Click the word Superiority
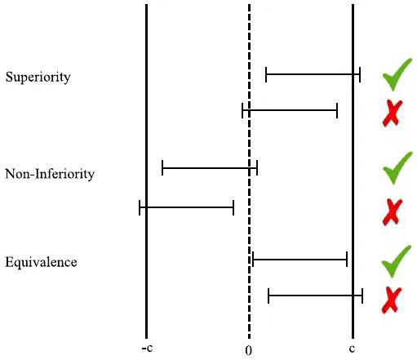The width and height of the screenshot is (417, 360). click(38, 78)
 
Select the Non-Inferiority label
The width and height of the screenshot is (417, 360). click(50, 174)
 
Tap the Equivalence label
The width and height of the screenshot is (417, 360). click(41, 262)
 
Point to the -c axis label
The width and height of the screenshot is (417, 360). click(147, 348)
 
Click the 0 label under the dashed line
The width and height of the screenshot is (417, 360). click(248, 351)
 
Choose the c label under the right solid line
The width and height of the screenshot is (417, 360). click(353, 349)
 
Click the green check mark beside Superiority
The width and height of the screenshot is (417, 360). click(397, 74)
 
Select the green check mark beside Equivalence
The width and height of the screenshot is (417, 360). click(397, 261)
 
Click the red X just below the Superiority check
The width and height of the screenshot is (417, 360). click(393, 113)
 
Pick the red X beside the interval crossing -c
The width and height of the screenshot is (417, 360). click(393, 212)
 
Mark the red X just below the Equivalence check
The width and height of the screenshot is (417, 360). click(392, 300)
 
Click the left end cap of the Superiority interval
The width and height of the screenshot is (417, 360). click(266, 74)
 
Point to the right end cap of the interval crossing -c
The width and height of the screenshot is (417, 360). click(233, 207)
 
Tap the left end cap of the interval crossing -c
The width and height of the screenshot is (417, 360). click(140, 207)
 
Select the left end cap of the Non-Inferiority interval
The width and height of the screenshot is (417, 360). click(162, 168)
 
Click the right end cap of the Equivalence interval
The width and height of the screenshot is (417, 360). click(347, 260)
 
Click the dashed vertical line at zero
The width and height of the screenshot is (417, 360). click(249, 171)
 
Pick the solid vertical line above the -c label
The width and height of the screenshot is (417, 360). click(147, 171)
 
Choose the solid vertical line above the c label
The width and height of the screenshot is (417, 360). click(353, 171)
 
